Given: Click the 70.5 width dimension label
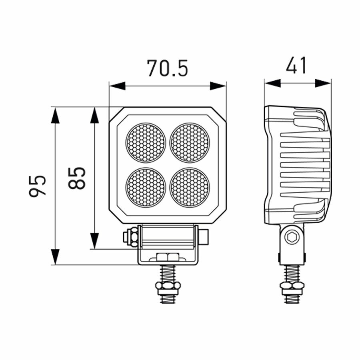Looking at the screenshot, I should click(x=167, y=68).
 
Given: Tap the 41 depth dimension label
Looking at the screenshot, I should click(x=296, y=66).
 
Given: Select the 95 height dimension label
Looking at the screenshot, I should click(x=38, y=186).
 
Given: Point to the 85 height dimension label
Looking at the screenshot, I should click(x=77, y=178).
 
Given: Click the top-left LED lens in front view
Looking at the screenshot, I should click(x=146, y=143).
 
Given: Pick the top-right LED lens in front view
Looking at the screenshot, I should click(x=190, y=143).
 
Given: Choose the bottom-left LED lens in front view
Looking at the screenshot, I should click(x=146, y=187).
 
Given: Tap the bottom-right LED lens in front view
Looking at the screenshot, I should click(x=190, y=187).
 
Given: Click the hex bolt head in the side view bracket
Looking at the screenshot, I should click(x=292, y=238).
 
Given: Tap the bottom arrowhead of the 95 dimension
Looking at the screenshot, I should click(x=55, y=256).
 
